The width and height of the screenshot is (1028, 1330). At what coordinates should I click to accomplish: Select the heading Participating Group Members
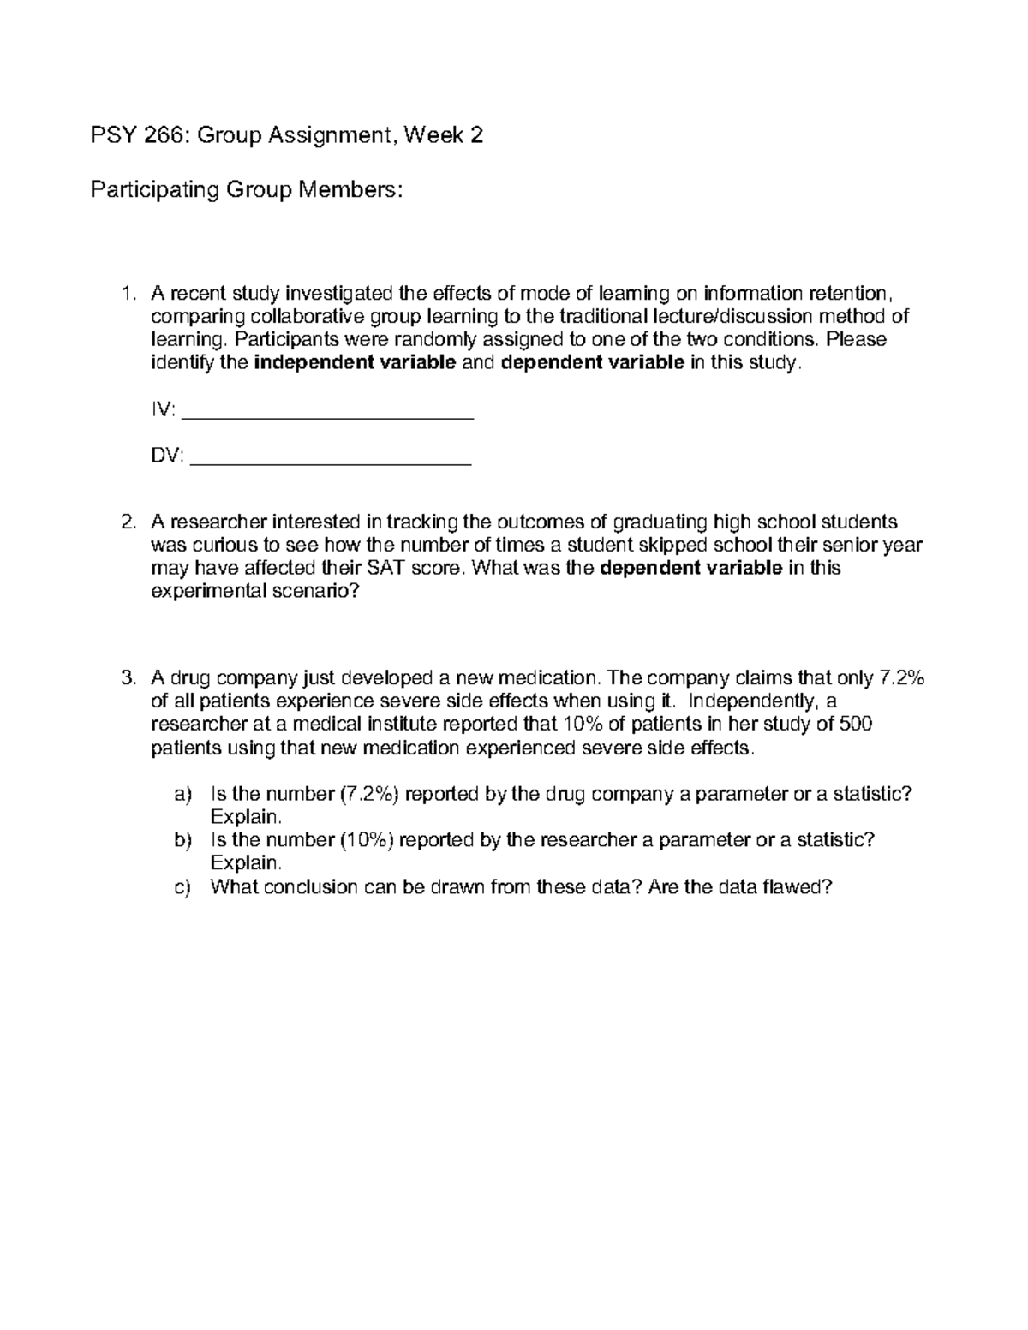click(x=246, y=189)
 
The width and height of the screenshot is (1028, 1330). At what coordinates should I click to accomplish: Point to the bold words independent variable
click(x=356, y=363)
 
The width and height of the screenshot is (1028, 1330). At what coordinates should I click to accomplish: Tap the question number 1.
click(x=128, y=294)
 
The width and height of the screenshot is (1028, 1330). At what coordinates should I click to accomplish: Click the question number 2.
click(x=128, y=522)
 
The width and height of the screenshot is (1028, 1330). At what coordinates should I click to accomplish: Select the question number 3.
click(x=128, y=679)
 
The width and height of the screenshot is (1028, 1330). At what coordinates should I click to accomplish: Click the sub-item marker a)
click(x=183, y=795)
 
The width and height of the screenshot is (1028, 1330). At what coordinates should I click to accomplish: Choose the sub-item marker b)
click(x=183, y=841)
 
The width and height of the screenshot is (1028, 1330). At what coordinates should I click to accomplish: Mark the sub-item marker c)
click(x=183, y=887)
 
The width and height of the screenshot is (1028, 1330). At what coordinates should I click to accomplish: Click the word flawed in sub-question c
click(x=797, y=887)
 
